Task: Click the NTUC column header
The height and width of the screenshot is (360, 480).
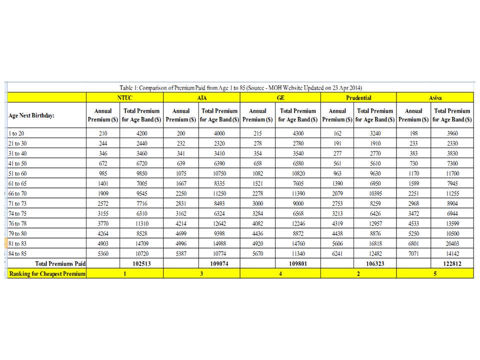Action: pos(125,97)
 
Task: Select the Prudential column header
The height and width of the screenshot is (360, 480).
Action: pos(358,97)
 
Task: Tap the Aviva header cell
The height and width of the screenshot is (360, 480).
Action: pos(435,97)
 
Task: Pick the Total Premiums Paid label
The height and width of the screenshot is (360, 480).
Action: pos(59,263)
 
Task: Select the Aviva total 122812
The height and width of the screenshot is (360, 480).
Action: pos(452,263)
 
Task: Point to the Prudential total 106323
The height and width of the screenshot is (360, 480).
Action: pos(374,263)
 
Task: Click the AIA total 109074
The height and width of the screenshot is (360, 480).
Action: pos(219,263)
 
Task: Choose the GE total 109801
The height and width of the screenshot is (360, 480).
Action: pos(297,263)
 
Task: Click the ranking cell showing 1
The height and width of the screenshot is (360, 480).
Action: pos(125,273)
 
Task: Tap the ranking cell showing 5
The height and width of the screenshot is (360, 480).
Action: pos(435,273)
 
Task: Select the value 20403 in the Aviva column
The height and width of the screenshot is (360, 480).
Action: pos(452,243)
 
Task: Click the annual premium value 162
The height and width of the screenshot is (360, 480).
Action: pos(337,133)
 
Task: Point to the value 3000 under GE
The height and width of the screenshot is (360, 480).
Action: pos(257,203)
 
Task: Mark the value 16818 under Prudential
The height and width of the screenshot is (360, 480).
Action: pos(374,243)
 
